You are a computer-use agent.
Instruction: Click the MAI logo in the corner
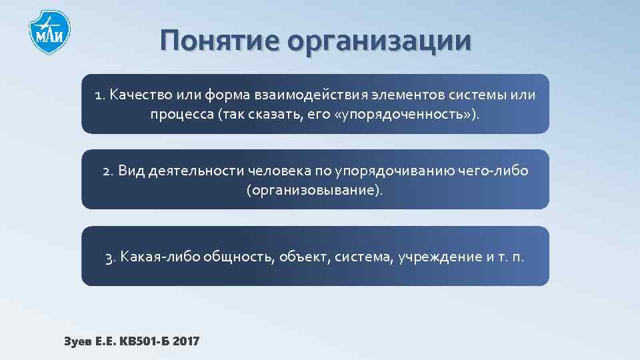tap(49, 32)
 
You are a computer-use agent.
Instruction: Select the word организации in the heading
tap(379, 41)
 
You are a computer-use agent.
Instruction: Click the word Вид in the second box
tap(131, 171)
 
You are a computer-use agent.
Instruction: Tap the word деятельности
tap(196, 171)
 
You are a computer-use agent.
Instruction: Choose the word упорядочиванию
tap(396, 171)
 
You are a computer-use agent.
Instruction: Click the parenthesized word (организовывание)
tap(315, 191)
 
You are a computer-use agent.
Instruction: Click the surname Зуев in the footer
tap(79, 341)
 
